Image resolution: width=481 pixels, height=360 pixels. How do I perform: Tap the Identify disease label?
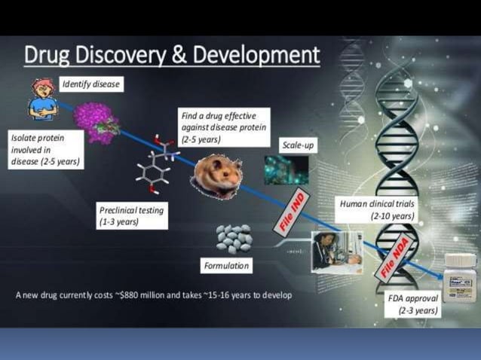click(90, 84)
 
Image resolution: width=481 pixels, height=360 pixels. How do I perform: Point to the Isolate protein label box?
click(44, 150)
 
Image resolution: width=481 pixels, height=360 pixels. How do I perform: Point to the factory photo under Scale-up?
click(286, 171)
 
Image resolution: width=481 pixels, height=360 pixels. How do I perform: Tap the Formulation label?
click(226, 266)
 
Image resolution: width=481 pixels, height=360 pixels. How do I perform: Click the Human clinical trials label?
click(377, 209)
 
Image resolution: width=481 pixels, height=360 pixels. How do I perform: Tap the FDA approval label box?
click(412, 304)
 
